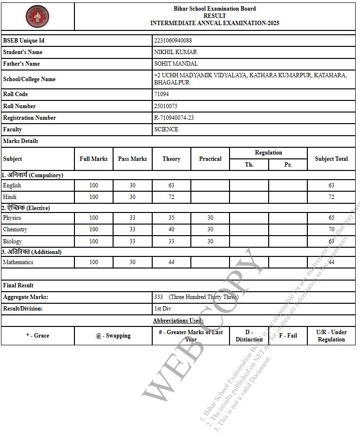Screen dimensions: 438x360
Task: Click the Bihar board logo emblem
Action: (38, 16)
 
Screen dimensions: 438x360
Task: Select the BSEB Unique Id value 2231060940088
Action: (173, 41)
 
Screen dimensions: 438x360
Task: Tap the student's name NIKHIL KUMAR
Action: (175, 52)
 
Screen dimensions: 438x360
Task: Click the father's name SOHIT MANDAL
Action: (176, 64)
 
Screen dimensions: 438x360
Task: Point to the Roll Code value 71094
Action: (161, 95)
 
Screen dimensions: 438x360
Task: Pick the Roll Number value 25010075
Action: (166, 106)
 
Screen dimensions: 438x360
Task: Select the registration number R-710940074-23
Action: (174, 118)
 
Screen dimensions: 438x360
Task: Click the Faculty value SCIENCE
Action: (166, 129)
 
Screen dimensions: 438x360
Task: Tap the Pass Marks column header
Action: (132, 159)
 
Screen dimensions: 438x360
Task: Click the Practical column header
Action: (210, 159)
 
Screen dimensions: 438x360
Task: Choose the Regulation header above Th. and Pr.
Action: (268, 153)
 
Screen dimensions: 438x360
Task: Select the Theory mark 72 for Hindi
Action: (171, 197)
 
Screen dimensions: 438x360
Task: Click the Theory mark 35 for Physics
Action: (171, 218)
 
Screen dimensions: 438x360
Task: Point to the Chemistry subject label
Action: (15, 229)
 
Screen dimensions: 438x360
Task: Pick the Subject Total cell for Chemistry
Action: (331, 229)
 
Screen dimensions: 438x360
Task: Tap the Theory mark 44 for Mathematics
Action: (171, 262)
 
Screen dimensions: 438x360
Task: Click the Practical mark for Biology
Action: (210, 241)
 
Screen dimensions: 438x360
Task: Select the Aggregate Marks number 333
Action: (158, 297)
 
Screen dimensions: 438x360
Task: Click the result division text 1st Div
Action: (163, 309)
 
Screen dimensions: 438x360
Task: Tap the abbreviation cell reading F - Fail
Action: (288, 336)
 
